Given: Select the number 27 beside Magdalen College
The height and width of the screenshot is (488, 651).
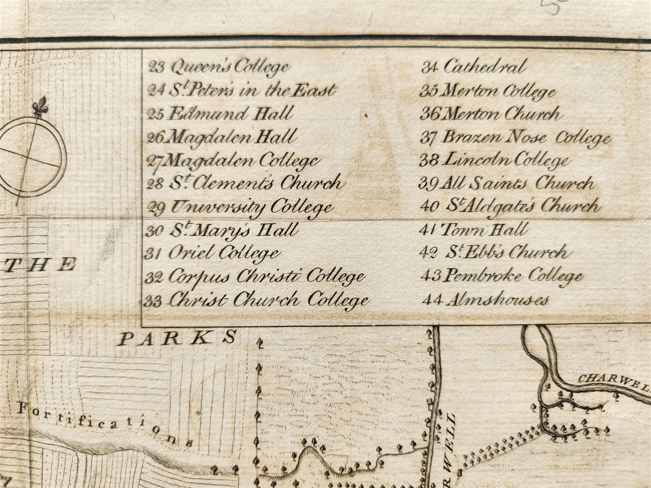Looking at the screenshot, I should click(x=155, y=161).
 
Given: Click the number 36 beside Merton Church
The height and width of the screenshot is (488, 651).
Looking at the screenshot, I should click(x=429, y=114).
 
